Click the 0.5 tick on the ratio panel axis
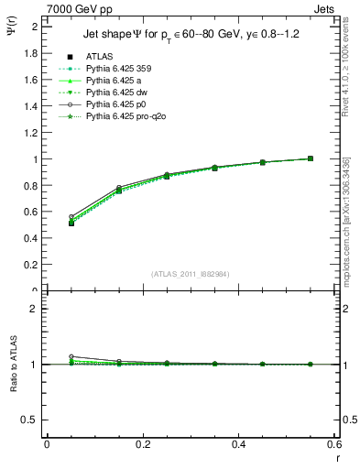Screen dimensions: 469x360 pyautogui.click(x=32, y=420)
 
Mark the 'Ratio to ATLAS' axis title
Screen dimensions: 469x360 pyautogui.click(x=12, y=365)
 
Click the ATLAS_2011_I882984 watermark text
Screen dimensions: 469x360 pyautogui.click(x=191, y=273)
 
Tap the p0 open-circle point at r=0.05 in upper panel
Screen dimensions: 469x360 pyautogui.click(x=47, y=217)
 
